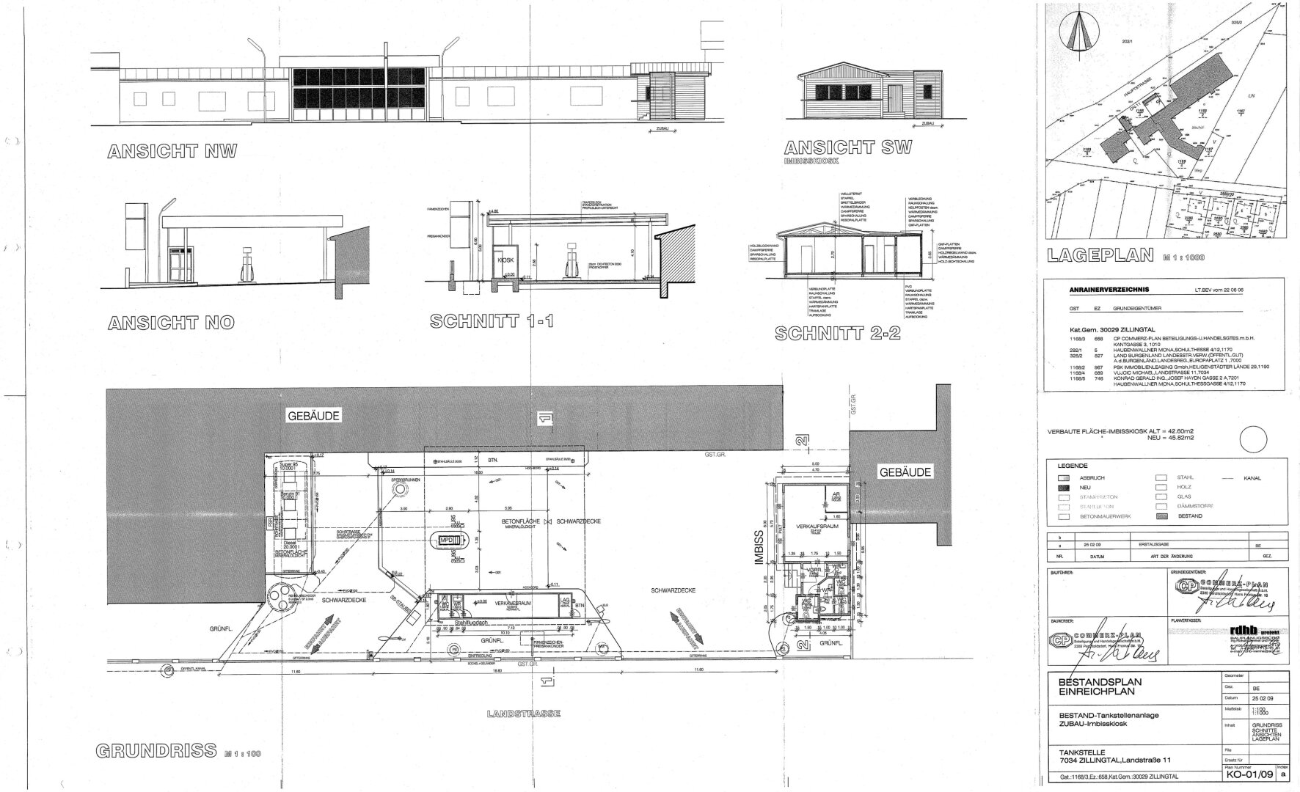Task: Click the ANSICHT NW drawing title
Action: click(x=172, y=152)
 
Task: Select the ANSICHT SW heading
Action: click(x=847, y=147)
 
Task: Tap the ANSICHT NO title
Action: click(x=172, y=323)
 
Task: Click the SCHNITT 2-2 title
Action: click(x=837, y=333)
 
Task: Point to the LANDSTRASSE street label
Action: click(x=525, y=713)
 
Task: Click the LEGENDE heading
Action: click(x=1072, y=466)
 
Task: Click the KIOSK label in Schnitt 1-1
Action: click(x=505, y=260)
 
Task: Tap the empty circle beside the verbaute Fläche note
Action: click(x=1253, y=441)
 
